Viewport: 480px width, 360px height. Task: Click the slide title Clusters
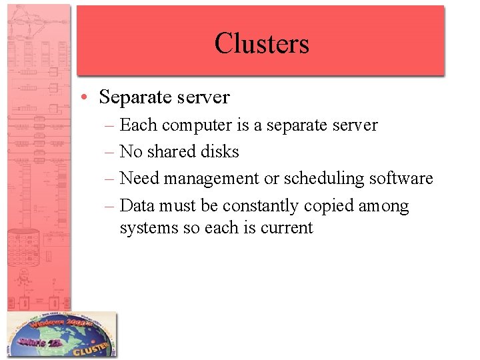tap(261, 43)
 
